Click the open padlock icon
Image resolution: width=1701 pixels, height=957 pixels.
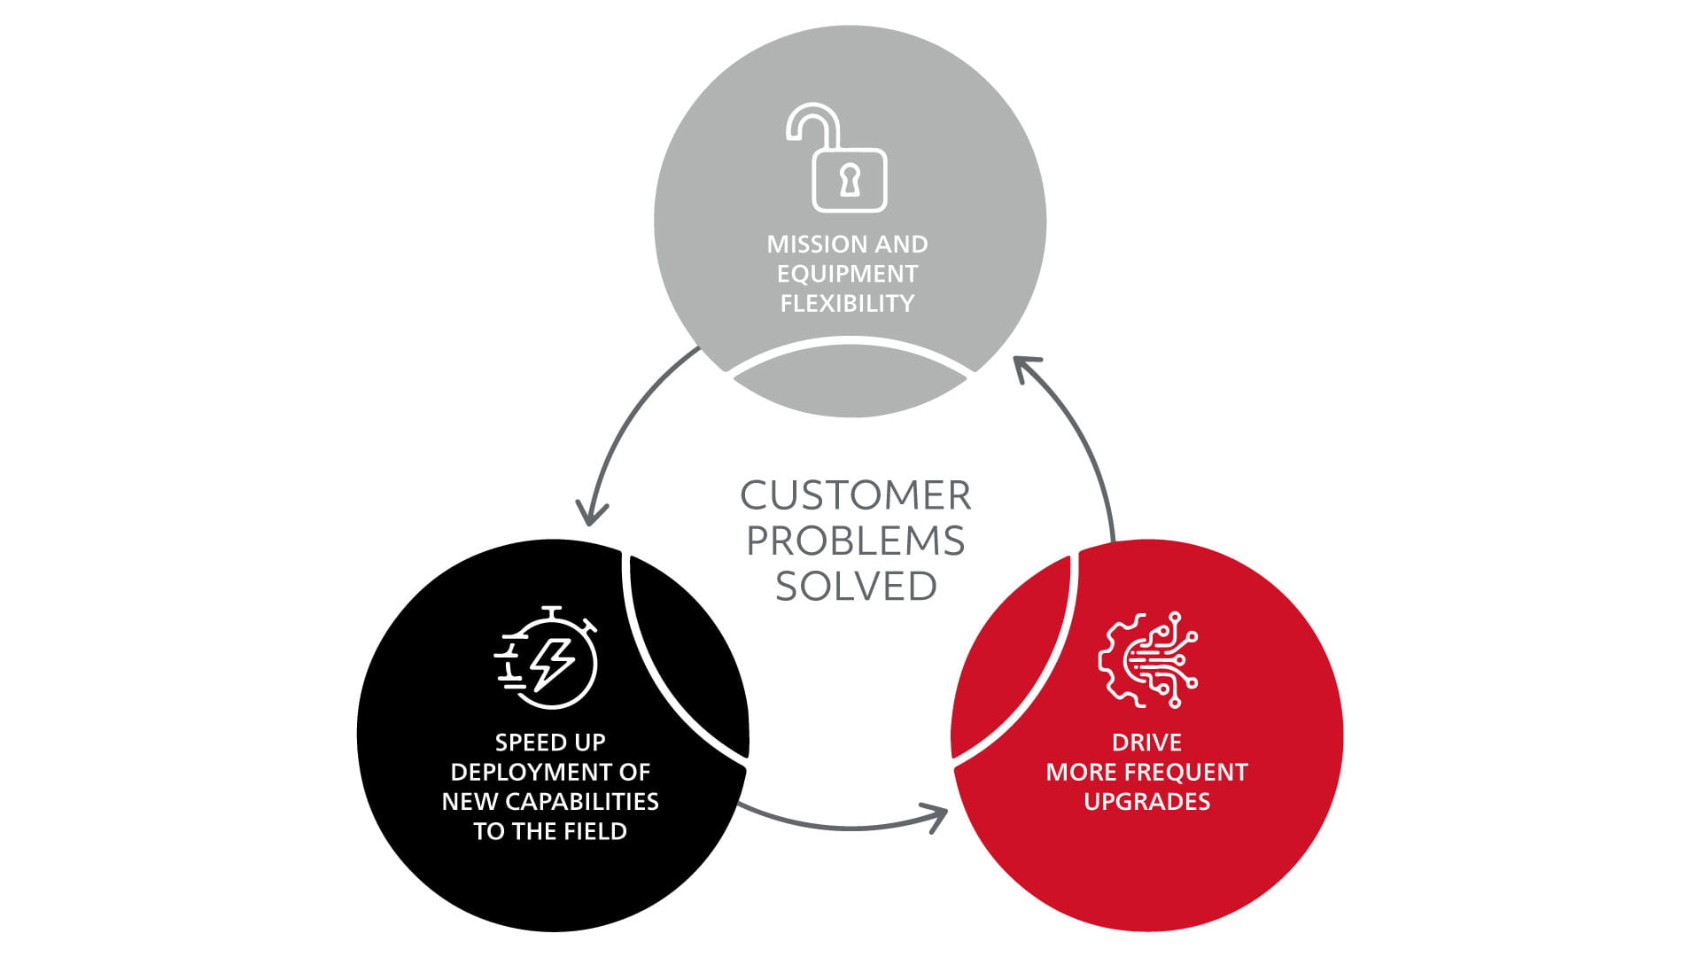pyautogui.click(x=837, y=159)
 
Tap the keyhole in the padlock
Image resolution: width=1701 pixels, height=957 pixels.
pyautogui.click(x=850, y=180)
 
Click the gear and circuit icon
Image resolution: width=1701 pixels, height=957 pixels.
pyautogui.click(x=1147, y=659)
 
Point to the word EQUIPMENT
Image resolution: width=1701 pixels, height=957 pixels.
pyautogui.click(x=848, y=274)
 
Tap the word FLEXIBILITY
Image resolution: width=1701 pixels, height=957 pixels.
pyautogui.click(x=848, y=304)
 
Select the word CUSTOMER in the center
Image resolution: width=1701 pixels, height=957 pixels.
pyautogui.click(x=855, y=496)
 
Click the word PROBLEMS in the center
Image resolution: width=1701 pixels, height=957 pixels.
pyautogui.click(x=855, y=541)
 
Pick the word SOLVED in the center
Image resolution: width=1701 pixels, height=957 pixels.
pyautogui.click(x=856, y=587)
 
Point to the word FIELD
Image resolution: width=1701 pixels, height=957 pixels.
pyautogui.click(x=595, y=832)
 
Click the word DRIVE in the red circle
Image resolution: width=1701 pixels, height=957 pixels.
pyautogui.click(x=1146, y=743)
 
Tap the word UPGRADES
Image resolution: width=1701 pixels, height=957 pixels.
pyautogui.click(x=1146, y=802)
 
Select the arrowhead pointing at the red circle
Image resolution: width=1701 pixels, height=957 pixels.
pyautogui.click(x=936, y=815)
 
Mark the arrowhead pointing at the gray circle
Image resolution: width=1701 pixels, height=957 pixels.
pyautogui.click(x=1026, y=367)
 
